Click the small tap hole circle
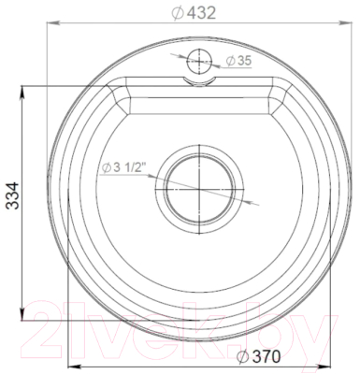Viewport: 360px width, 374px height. click(198, 61)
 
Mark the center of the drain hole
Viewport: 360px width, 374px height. click(197, 185)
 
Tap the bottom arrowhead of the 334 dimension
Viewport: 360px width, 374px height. click(25, 313)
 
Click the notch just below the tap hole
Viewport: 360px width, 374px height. click(198, 81)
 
